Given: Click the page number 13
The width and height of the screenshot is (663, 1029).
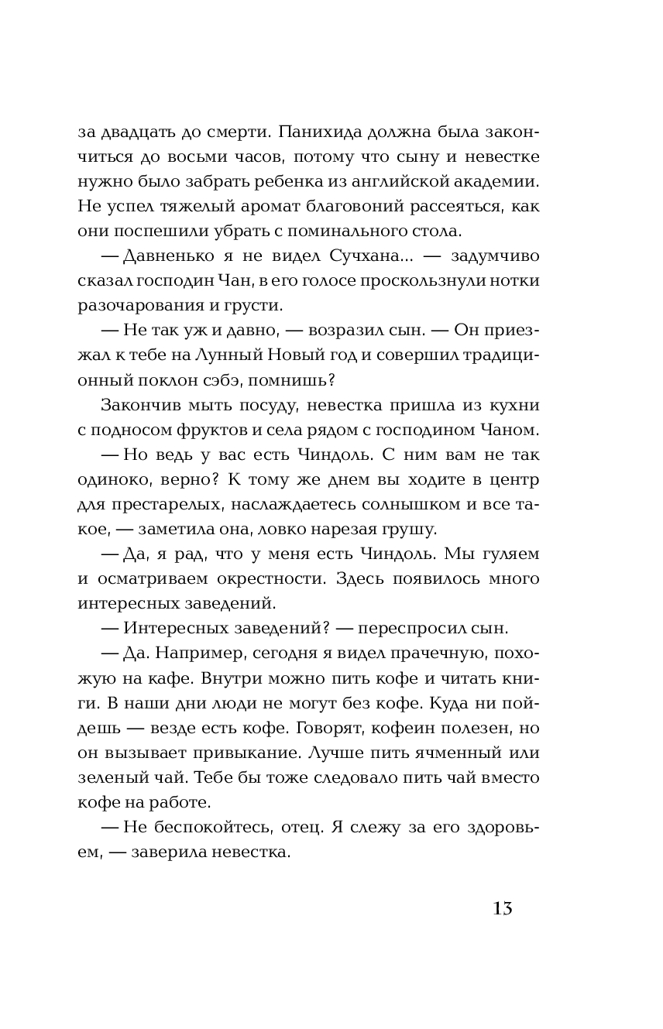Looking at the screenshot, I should [502, 908].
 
